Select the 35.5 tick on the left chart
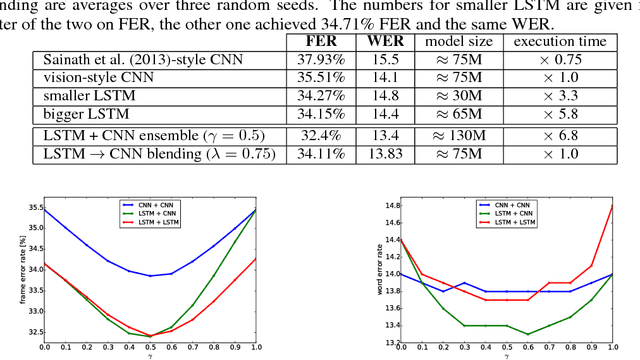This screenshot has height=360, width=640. pyautogui.click(x=33, y=207)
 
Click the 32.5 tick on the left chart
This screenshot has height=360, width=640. pyautogui.click(x=33, y=332)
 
